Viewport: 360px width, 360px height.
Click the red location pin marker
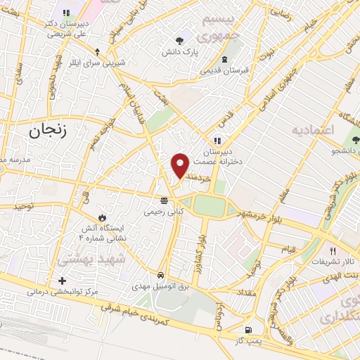click(x=180, y=165)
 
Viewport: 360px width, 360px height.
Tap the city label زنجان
click(x=50, y=130)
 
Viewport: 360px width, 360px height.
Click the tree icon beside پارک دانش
click(x=182, y=40)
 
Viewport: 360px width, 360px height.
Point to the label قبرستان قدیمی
click(x=224, y=70)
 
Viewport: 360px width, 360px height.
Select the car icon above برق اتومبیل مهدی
click(x=161, y=275)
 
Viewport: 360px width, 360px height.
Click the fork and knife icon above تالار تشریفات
click(x=333, y=250)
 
